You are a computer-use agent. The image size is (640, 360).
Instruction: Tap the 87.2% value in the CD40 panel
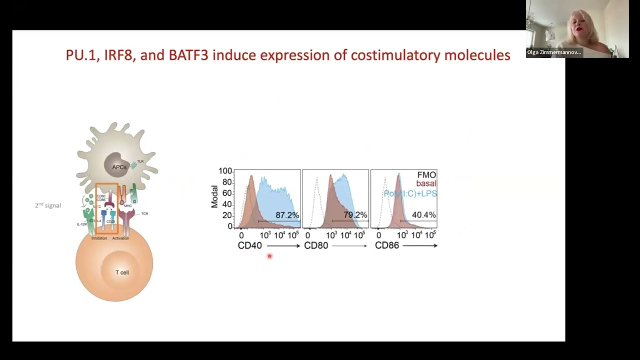click(287, 215)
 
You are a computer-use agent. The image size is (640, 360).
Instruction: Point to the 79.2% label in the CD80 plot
click(355, 215)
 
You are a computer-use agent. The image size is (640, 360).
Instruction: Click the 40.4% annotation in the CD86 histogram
click(423, 215)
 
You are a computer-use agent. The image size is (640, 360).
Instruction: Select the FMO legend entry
click(426, 175)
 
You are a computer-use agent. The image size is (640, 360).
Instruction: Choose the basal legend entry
click(426, 184)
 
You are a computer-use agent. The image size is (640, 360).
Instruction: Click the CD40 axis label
click(249, 245)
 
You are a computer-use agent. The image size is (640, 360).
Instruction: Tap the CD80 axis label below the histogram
click(316, 245)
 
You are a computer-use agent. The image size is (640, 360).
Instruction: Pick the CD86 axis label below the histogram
click(387, 245)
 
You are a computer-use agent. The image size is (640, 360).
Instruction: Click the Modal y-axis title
click(214, 197)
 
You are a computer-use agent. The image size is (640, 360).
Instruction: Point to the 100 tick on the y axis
click(225, 171)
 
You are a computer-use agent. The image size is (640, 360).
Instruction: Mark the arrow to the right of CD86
click(420, 245)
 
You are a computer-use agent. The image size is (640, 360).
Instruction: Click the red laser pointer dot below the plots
click(269, 256)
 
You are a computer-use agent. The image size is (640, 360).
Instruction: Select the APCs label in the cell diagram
click(119, 167)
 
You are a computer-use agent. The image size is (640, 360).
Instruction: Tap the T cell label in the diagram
click(122, 272)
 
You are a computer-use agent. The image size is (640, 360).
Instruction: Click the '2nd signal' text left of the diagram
click(48, 205)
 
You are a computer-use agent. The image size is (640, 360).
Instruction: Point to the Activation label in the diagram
click(120, 238)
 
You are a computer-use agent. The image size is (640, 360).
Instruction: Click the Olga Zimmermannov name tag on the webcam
click(553, 52)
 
